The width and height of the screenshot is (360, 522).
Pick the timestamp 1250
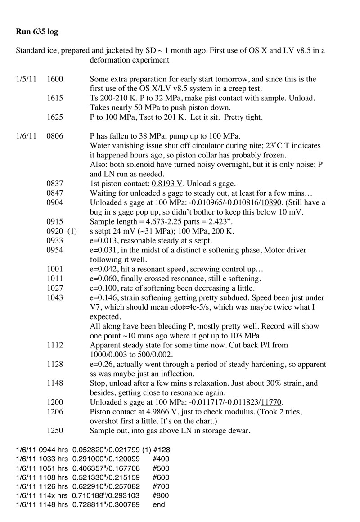55,431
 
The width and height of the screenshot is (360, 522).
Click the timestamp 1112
55,346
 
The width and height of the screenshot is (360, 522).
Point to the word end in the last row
158,504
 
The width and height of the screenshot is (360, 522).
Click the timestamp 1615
55,98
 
